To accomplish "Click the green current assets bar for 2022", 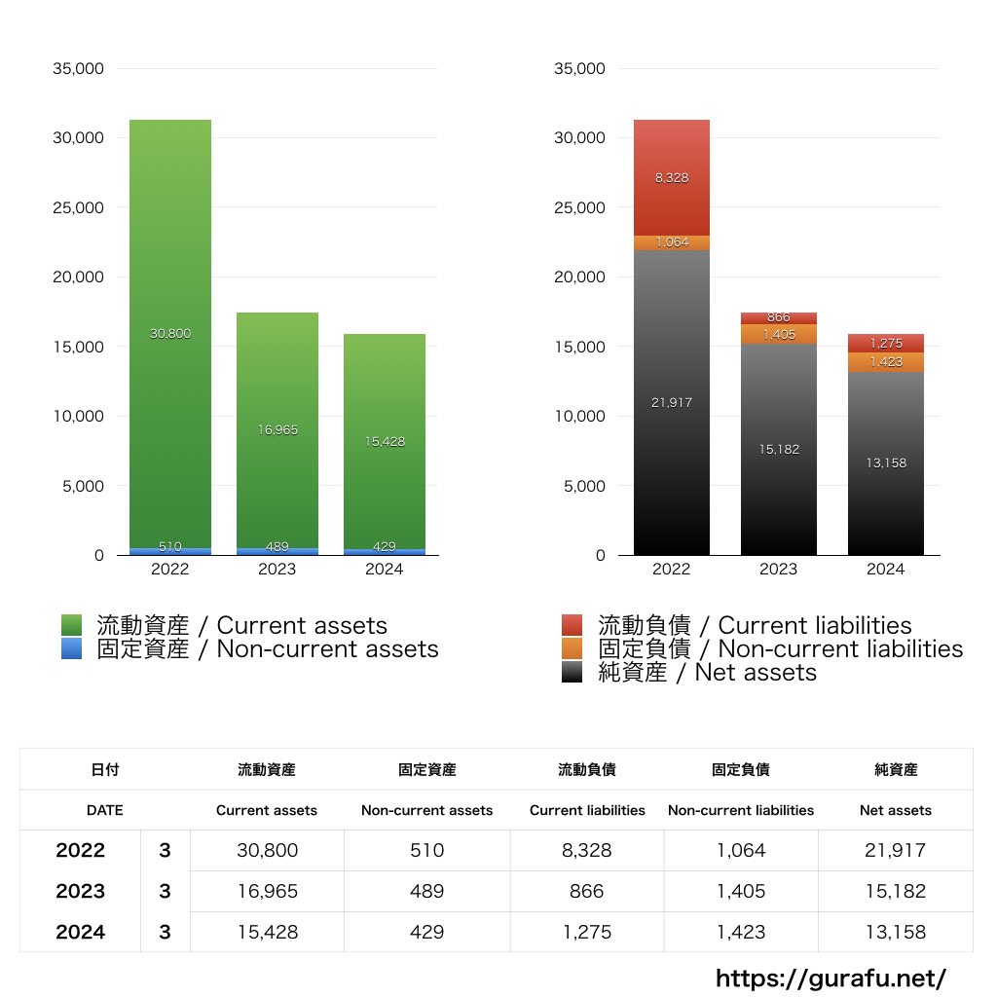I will [169, 292].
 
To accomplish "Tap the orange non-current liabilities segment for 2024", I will [885, 362].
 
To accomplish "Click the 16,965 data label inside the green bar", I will [277, 429].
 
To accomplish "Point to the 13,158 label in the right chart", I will [885, 462].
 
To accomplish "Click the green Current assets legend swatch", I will [71, 625].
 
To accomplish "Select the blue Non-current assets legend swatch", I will [71, 649].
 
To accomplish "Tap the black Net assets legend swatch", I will [572, 673].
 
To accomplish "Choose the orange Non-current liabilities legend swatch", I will [572, 649].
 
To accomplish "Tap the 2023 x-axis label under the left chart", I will [277, 570].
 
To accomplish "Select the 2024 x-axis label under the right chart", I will [885, 570].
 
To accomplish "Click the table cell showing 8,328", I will [586, 850].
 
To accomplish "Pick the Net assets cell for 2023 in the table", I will [895, 891].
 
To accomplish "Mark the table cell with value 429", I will [426, 932].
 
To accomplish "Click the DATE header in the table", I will [104, 810].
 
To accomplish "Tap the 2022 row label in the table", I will [80, 850].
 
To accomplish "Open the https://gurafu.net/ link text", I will [831, 978].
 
